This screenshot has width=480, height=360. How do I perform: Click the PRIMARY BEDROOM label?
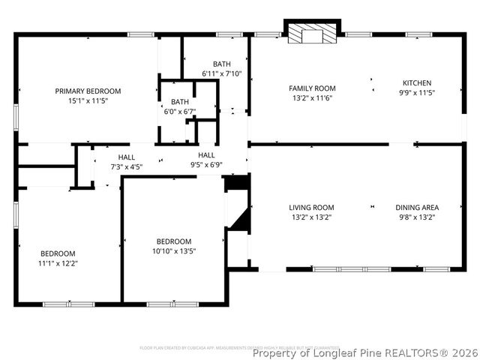coord(88,91)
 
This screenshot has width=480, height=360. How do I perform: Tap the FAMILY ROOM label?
coord(312,88)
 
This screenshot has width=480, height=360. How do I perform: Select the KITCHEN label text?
coord(417,82)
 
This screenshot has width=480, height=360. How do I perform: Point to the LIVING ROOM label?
coord(312,208)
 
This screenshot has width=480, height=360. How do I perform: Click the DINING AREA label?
coord(417,208)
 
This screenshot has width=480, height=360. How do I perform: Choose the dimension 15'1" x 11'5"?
coord(88,100)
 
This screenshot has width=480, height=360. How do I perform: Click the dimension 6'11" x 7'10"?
coord(222,73)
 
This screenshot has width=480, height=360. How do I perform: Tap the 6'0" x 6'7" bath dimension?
coord(180,111)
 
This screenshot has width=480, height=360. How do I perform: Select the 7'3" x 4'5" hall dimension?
coord(127,166)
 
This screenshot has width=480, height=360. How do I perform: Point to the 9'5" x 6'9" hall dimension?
coord(206,163)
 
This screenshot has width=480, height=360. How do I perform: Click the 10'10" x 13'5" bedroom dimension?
coord(174,250)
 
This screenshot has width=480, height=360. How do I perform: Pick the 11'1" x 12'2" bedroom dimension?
coord(58,263)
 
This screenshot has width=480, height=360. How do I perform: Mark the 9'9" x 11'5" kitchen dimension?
coord(417,92)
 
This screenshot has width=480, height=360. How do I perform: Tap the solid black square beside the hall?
coord(235,183)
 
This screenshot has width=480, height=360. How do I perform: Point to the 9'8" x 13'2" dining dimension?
coord(417,217)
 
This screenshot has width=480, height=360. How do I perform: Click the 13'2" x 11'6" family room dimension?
coord(312,97)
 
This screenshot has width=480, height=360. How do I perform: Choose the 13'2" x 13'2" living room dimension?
coord(312,217)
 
